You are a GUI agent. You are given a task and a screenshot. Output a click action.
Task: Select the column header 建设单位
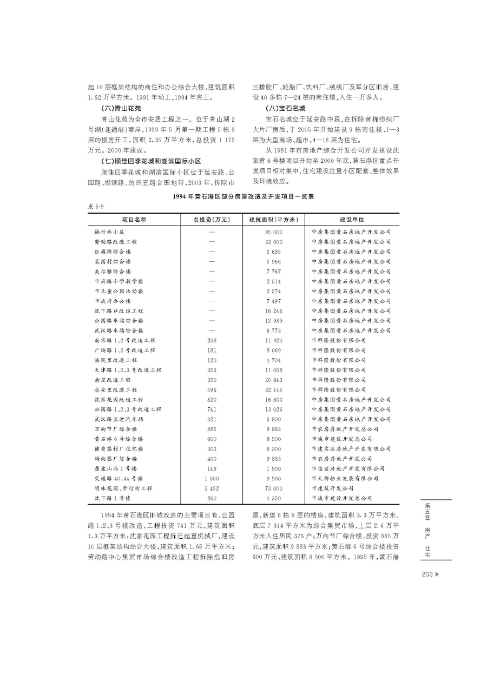[x=352, y=220]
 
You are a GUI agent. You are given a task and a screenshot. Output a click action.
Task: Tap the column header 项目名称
[x=134, y=220]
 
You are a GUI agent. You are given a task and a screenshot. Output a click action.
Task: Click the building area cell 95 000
[x=274, y=232]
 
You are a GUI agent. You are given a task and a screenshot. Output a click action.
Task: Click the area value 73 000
[x=274, y=488]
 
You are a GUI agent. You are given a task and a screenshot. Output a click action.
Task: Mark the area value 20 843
[x=274, y=380]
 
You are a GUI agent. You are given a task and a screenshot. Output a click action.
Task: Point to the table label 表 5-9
[x=96, y=207]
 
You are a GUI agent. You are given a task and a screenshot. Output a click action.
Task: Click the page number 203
[x=426, y=574]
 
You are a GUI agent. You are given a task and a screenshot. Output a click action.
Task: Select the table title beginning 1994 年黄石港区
[x=243, y=197]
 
